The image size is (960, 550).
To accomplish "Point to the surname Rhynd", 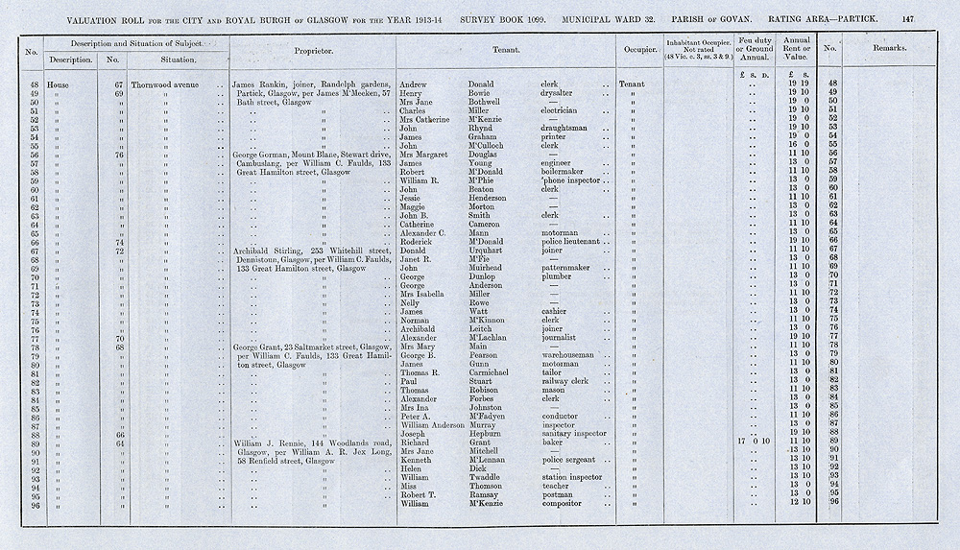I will (x=480, y=128).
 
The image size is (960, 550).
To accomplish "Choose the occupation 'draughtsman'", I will (x=571, y=128).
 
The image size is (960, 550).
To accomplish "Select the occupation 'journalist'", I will (x=564, y=338).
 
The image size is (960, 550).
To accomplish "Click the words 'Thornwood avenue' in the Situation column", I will (x=170, y=84).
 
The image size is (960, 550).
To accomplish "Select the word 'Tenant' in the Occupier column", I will (x=633, y=84).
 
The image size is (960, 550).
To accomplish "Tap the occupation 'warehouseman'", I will (x=571, y=355).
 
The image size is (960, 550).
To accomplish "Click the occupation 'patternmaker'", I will (x=570, y=268).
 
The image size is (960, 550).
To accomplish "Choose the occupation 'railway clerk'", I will (x=568, y=381).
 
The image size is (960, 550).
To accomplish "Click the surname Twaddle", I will (x=487, y=476).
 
